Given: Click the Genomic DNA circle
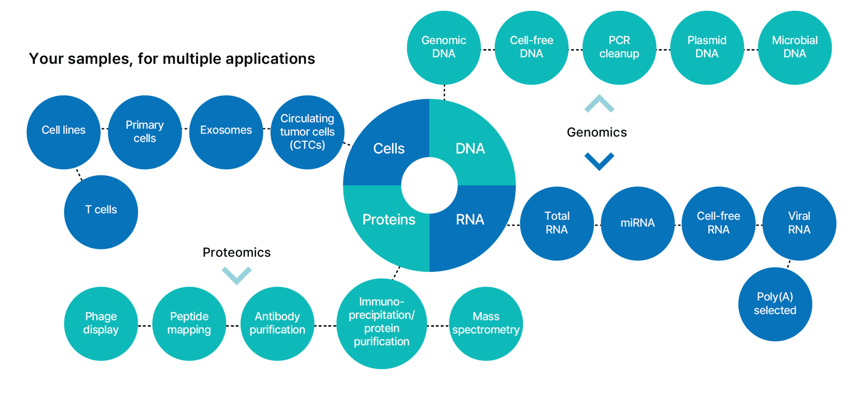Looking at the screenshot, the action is (444, 47).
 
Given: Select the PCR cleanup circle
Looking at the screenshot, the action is (619, 47).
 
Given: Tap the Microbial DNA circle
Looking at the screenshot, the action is (795, 47).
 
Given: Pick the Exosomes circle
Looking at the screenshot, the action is (226, 132).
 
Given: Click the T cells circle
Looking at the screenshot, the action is (101, 212).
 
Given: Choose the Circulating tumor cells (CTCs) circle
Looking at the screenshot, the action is (307, 132).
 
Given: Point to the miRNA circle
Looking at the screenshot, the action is (638, 223).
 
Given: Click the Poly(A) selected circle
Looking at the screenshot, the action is (775, 304).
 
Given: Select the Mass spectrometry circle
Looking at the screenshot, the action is (486, 323).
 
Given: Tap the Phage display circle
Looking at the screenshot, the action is (101, 323).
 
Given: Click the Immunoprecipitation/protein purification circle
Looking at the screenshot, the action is (382, 323).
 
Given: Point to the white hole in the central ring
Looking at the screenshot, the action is (429, 185).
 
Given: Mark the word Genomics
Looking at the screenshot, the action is (597, 132).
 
